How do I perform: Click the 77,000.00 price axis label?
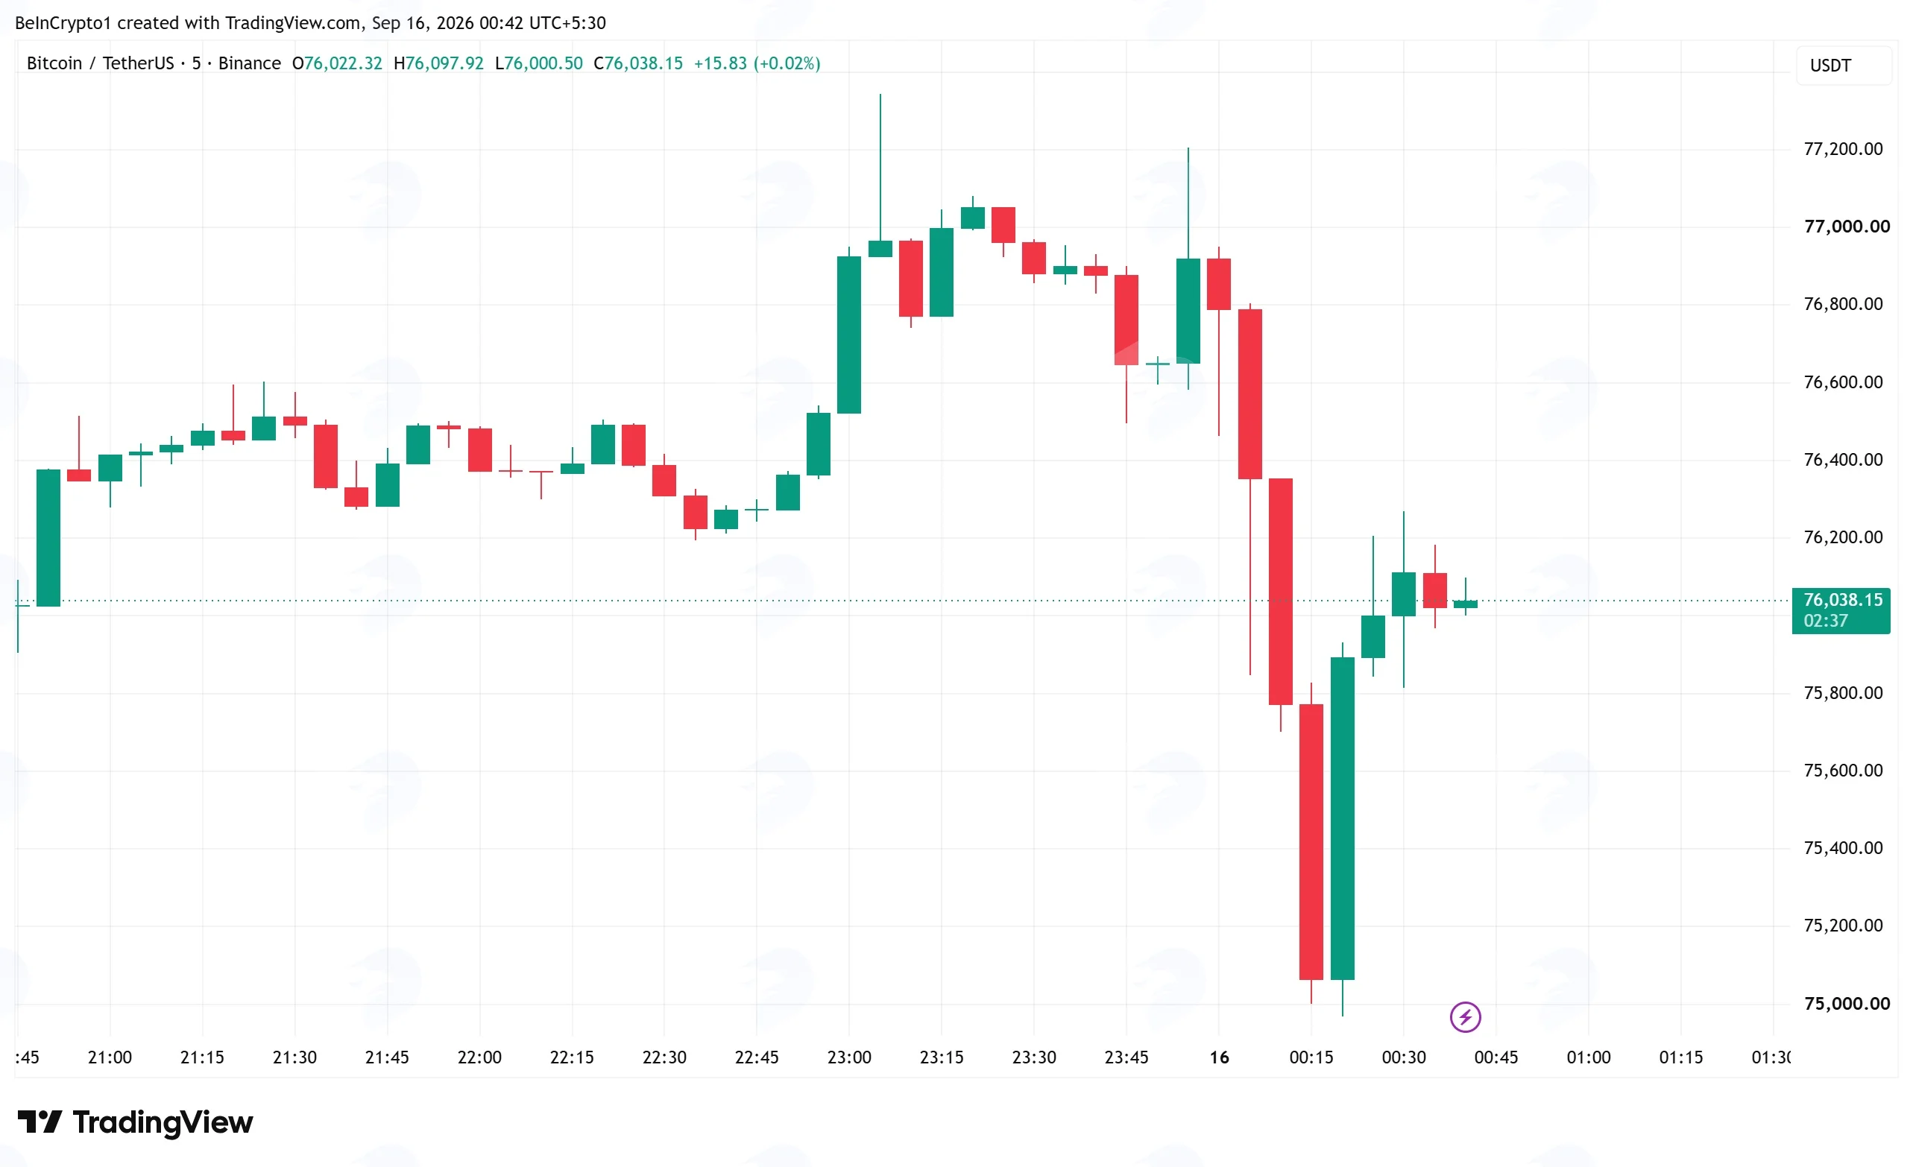click(x=1846, y=227)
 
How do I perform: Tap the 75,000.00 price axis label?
click(x=1846, y=1003)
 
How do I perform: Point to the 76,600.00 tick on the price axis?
click(x=1843, y=382)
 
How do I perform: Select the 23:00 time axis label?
click(x=848, y=1057)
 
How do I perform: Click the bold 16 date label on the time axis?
click(x=1219, y=1057)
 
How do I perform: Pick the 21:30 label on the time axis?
click(x=294, y=1057)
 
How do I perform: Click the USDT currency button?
click(x=1843, y=65)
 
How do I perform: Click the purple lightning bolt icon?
click(x=1465, y=1016)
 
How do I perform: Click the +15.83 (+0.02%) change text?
click(x=757, y=63)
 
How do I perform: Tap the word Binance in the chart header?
click(x=249, y=63)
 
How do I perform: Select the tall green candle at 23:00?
click(x=848, y=335)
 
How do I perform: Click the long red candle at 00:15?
click(x=1311, y=842)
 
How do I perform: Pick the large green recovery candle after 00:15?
click(x=1343, y=817)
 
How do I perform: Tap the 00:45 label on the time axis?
click(x=1496, y=1057)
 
